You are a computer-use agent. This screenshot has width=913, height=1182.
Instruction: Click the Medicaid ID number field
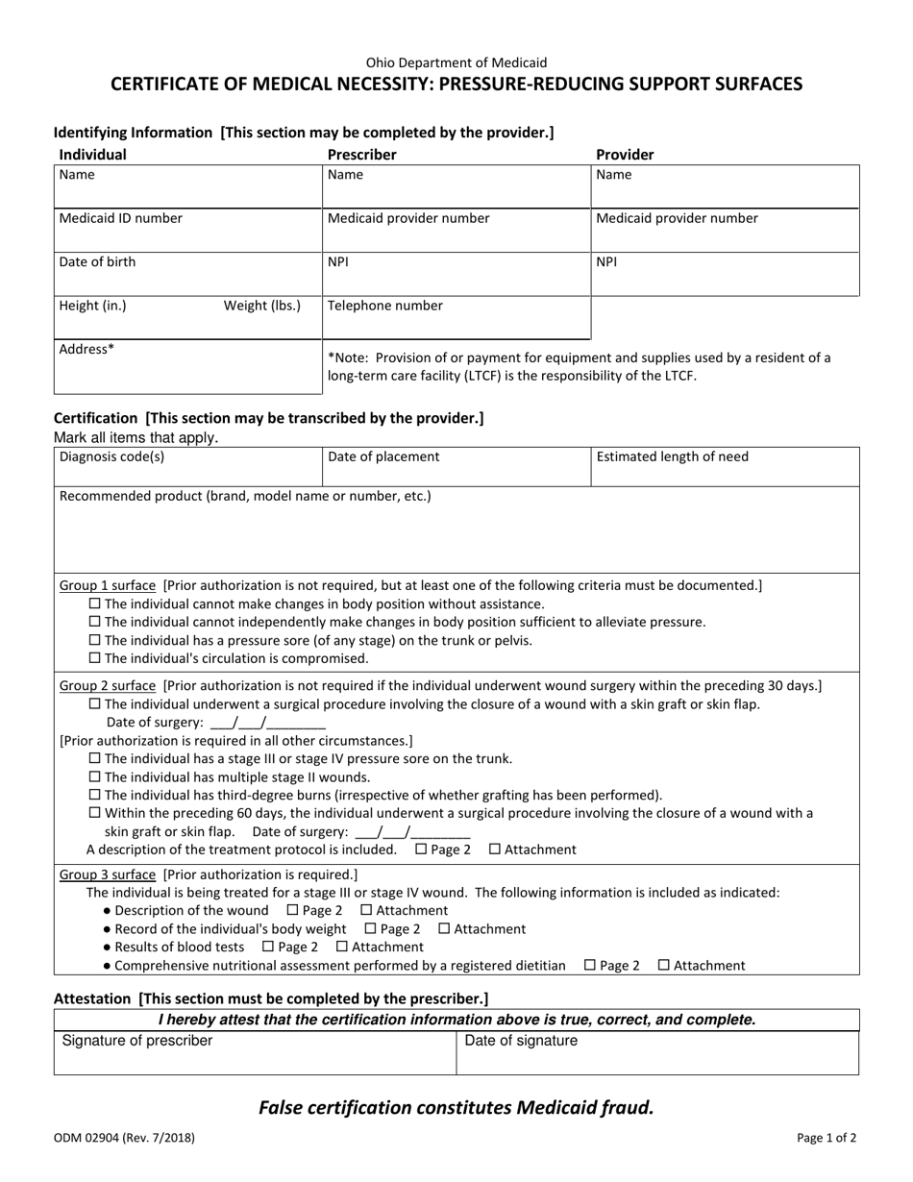click(186, 231)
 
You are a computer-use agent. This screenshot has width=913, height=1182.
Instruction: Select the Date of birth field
click(186, 274)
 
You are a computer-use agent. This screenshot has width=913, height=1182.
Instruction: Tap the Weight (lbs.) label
click(261, 307)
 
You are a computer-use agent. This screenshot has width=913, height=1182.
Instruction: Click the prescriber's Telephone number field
click(456, 318)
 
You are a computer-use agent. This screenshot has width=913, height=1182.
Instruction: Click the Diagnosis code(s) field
click(186, 467)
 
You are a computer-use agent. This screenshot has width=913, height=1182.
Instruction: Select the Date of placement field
click(456, 467)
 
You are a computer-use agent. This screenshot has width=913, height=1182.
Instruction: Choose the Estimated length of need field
click(724, 467)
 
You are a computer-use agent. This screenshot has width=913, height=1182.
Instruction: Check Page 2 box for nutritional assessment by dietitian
click(590, 966)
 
